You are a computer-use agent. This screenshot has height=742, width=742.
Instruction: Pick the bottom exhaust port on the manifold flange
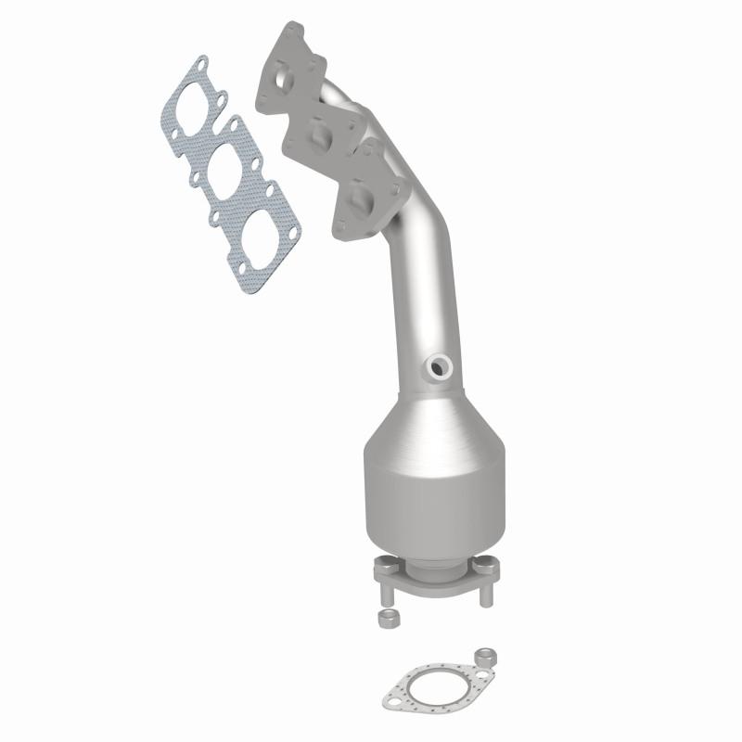click(x=363, y=195)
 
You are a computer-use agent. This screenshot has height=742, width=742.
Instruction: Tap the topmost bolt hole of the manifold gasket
click(x=198, y=65)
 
